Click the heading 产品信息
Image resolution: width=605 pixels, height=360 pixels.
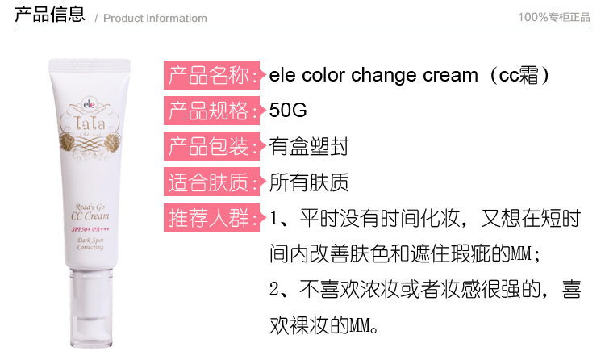[50, 14]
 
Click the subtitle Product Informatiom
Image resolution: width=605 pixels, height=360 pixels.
[155, 18]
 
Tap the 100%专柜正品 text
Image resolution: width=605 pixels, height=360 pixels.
[553, 17]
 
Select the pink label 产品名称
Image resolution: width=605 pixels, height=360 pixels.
[212, 75]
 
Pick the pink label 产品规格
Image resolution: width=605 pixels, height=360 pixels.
[212, 111]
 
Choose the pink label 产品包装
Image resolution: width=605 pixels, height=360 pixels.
[212, 146]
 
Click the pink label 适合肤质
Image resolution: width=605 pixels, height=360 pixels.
[212, 182]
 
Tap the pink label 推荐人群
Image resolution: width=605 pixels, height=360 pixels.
[212, 218]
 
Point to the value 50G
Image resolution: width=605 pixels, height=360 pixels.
[288, 110]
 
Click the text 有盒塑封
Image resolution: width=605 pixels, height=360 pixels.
[309, 146]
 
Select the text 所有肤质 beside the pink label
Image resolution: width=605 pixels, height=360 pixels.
[309, 182]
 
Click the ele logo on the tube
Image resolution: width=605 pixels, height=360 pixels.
[89, 104]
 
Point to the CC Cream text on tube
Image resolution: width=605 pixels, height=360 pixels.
[90, 216]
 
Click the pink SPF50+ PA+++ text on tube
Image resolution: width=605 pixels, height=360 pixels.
[90, 229]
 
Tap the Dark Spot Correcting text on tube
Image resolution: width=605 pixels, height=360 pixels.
[90, 244]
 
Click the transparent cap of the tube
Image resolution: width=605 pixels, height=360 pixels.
[91, 308]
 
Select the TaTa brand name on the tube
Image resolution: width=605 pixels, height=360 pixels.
[90, 123]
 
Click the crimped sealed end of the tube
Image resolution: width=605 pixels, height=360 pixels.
[90, 64]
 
